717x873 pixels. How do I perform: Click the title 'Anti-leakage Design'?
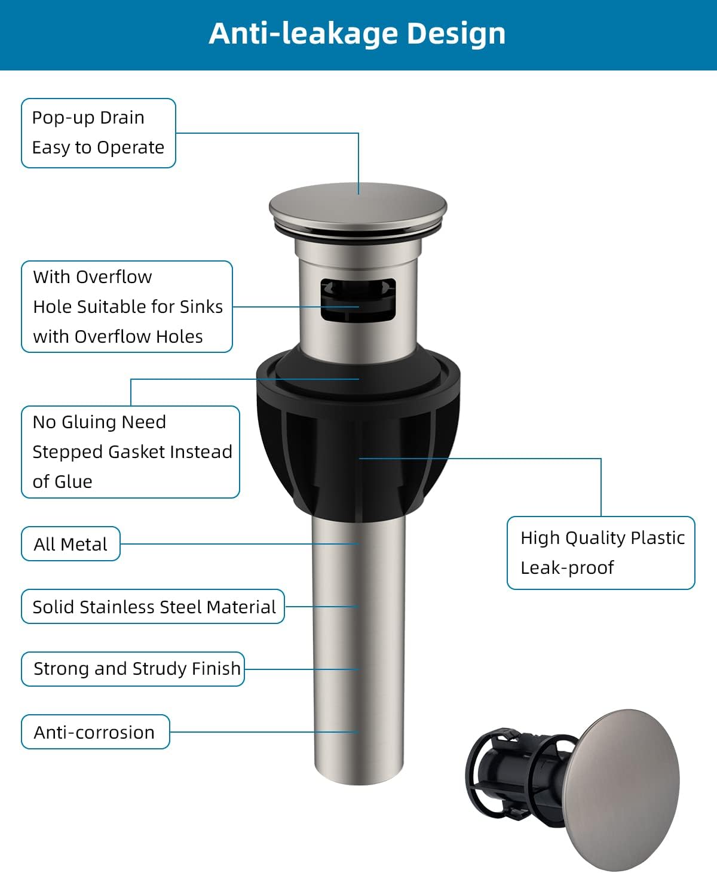click(357, 33)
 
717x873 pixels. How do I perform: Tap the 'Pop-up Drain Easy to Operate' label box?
click(99, 133)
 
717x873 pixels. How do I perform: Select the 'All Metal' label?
click(71, 544)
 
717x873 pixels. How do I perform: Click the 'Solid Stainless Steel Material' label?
click(153, 607)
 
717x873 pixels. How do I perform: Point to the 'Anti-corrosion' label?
click(95, 732)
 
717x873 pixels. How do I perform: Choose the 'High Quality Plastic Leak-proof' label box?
click(601, 553)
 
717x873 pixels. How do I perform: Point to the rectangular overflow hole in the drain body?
click(358, 299)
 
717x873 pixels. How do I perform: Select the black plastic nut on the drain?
click(358, 442)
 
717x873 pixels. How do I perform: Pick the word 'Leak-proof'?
click(567, 568)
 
